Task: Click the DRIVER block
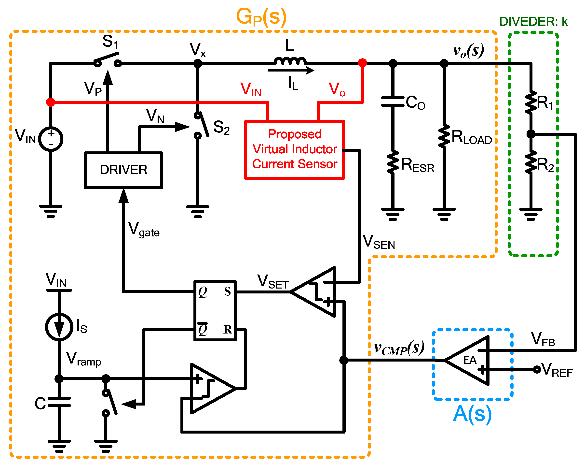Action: click(x=123, y=170)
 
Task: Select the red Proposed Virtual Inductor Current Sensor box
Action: click(x=294, y=149)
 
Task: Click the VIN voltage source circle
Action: click(x=51, y=139)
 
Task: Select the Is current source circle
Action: click(x=59, y=327)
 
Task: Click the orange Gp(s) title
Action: click(x=261, y=17)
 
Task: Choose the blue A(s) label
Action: click(x=472, y=414)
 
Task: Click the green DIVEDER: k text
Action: click(x=533, y=21)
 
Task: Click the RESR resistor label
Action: click(x=417, y=165)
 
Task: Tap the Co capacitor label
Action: click(x=415, y=102)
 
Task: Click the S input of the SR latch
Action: click(x=227, y=291)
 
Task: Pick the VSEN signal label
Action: click(x=379, y=242)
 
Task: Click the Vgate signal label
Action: click(x=144, y=230)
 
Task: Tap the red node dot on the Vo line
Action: click(x=363, y=63)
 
